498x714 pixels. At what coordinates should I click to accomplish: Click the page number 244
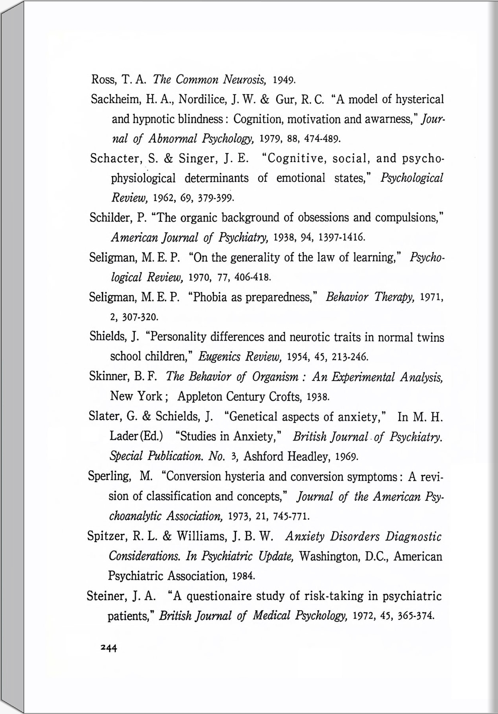pyautogui.click(x=109, y=648)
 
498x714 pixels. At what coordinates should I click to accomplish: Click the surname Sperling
pyautogui.click(x=109, y=476)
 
